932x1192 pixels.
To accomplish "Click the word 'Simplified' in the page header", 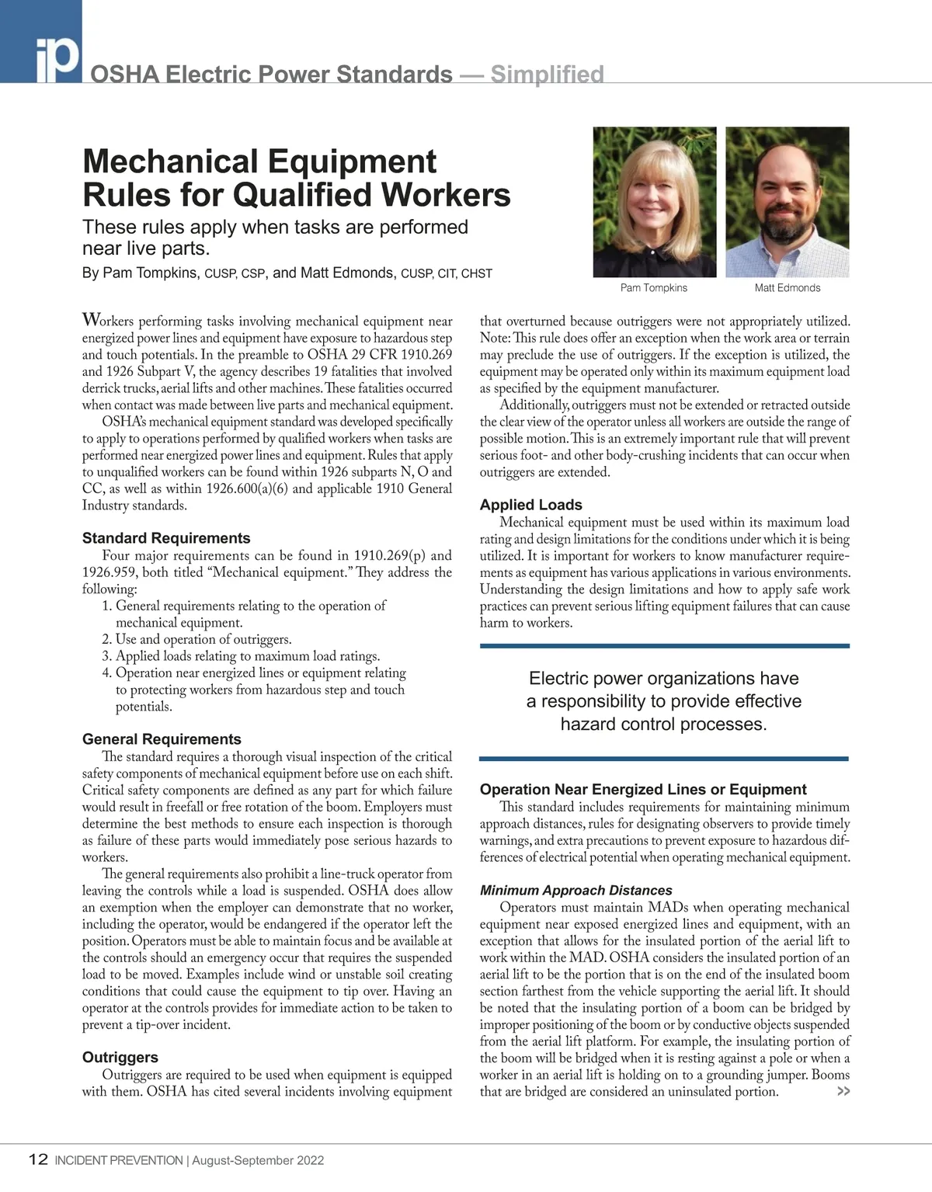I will (547, 75).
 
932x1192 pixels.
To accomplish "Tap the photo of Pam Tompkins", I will (654, 202).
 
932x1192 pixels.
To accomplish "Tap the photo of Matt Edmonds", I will (787, 202).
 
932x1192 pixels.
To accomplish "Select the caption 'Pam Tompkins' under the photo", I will (654, 288).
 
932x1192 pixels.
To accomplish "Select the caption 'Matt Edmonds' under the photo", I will (787, 288).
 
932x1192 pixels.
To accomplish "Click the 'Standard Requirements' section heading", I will (166, 538).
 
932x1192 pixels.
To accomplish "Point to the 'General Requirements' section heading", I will (162, 739).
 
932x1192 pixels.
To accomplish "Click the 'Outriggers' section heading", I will (120, 1058).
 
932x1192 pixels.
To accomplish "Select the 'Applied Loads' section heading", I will (531, 505).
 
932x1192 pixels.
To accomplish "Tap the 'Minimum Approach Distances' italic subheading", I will (576, 891).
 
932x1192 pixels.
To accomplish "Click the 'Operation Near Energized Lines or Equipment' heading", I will (643, 790).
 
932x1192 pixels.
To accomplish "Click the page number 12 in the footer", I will (38, 1160).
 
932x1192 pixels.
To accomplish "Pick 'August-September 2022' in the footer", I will (258, 1161).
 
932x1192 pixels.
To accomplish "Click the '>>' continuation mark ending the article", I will (843, 1092).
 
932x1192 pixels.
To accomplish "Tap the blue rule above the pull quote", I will (665, 645).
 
